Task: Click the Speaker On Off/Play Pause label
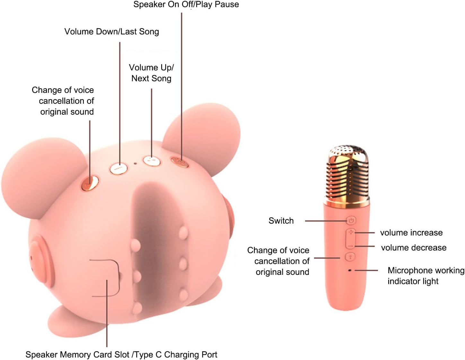(186, 4)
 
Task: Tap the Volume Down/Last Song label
(111, 31)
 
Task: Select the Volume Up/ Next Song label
(151, 73)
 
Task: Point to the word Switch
(281, 221)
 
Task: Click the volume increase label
(411, 233)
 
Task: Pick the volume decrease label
(414, 248)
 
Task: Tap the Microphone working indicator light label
(426, 276)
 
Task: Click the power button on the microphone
(351, 221)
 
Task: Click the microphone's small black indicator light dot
(350, 270)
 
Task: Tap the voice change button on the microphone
(350, 257)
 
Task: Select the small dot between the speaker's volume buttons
(135, 163)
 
